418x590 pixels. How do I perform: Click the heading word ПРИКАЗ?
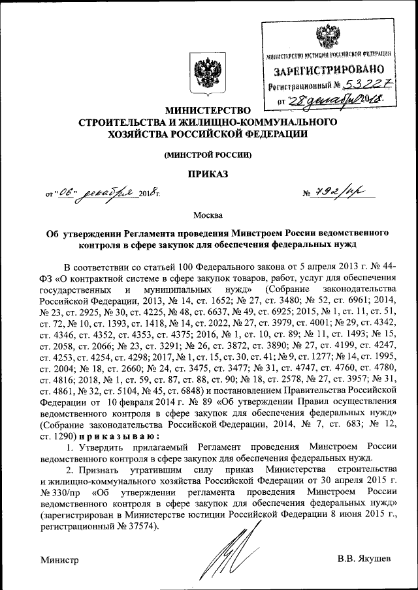tap(208, 174)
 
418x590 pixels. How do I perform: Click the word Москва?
tap(208, 215)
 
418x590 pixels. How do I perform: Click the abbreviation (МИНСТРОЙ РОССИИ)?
tap(208, 155)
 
